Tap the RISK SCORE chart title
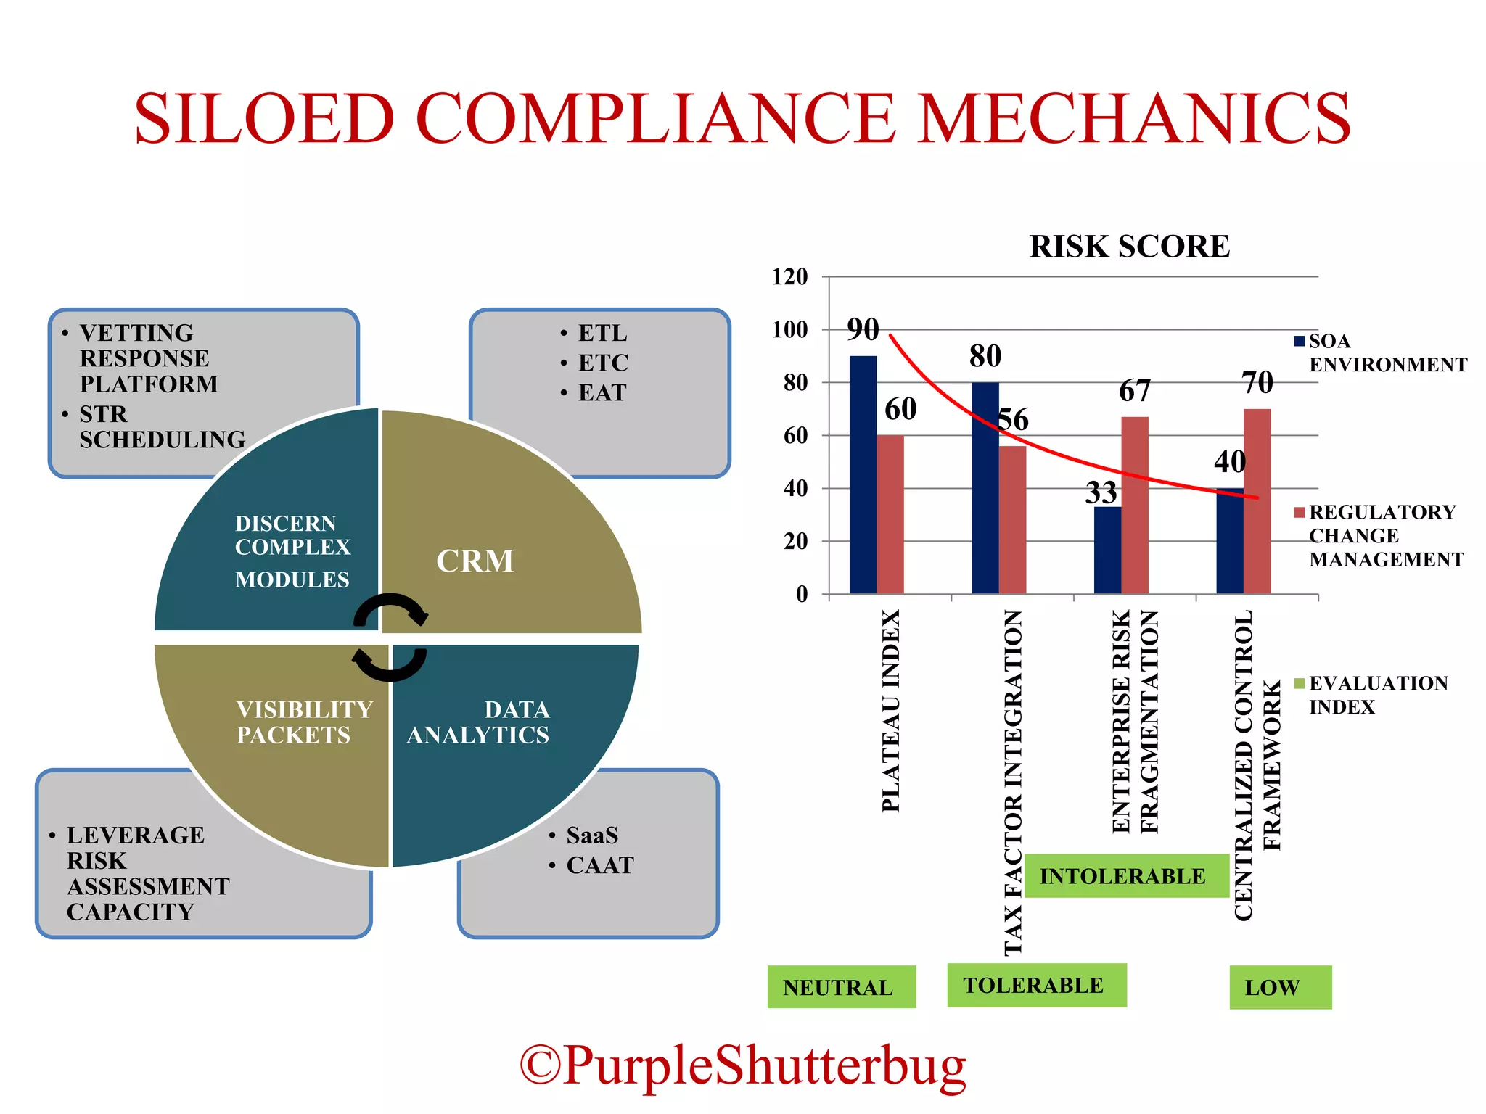click(x=1129, y=247)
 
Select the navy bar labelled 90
click(x=863, y=474)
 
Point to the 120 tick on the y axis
click(x=790, y=276)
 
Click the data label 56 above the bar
click(x=1013, y=420)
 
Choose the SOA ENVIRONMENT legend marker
click(x=1300, y=341)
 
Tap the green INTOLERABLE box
click(x=1124, y=876)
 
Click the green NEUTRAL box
click(x=841, y=987)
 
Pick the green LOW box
click(x=1280, y=987)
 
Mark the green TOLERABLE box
click(x=1036, y=985)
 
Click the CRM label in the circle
click(x=475, y=561)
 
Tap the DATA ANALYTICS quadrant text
click(x=478, y=722)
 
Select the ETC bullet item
click(x=602, y=363)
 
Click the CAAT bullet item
click(x=599, y=865)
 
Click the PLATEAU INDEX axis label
click(x=891, y=711)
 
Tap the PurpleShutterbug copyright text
click(x=743, y=1065)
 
